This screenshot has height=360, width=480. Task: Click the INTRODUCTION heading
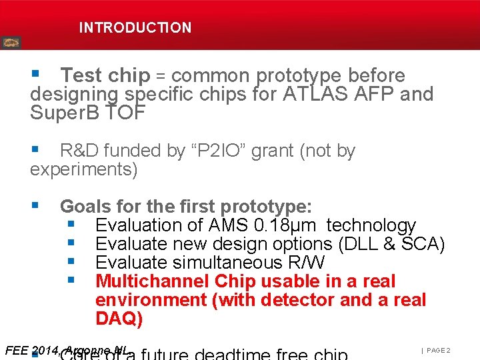pos(135,28)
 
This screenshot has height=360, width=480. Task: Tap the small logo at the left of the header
pos(11,43)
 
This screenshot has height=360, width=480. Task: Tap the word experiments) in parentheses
pos(83,169)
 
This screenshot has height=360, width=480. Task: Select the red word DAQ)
pos(119,319)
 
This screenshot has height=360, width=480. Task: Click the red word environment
pos(151,300)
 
